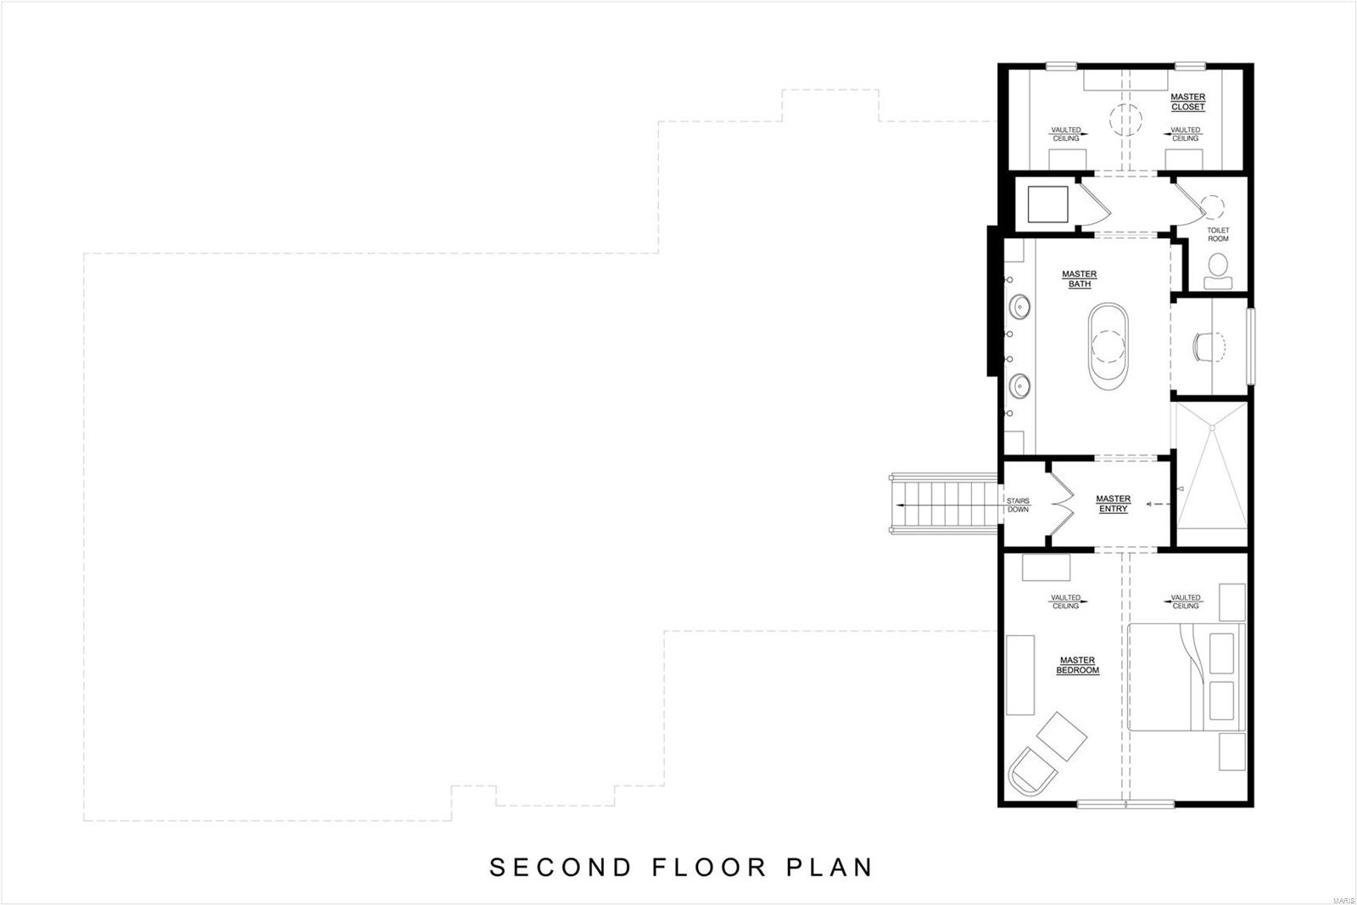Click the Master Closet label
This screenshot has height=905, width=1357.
[1187, 103]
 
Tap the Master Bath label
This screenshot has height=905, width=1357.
[1079, 279]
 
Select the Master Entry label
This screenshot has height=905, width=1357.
[1113, 504]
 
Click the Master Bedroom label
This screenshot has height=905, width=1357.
[1077, 665]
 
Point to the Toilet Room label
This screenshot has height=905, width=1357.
[1218, 234]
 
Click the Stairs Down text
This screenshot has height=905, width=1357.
[1018, 505]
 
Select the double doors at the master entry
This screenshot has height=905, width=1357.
[1060, 505]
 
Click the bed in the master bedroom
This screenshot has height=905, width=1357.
[1186, 677]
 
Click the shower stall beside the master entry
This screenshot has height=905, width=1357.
[1211, 475]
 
